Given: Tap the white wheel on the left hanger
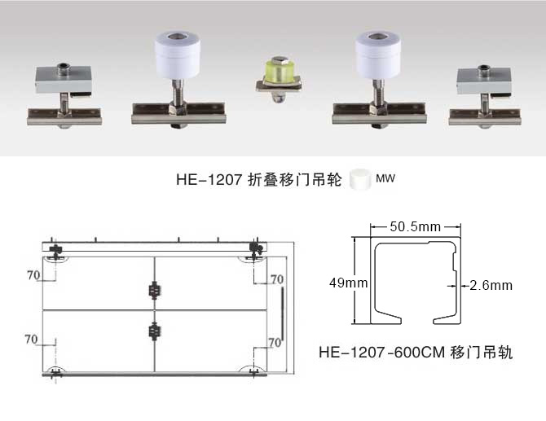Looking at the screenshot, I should (x=178, y=53).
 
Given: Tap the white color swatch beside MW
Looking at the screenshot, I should (x=358, y=179).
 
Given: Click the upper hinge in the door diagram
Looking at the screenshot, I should (x=153, y=289).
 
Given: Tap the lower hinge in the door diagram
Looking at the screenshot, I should (x=153, y=331).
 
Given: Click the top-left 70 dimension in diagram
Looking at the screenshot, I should (x=33, y=275).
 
